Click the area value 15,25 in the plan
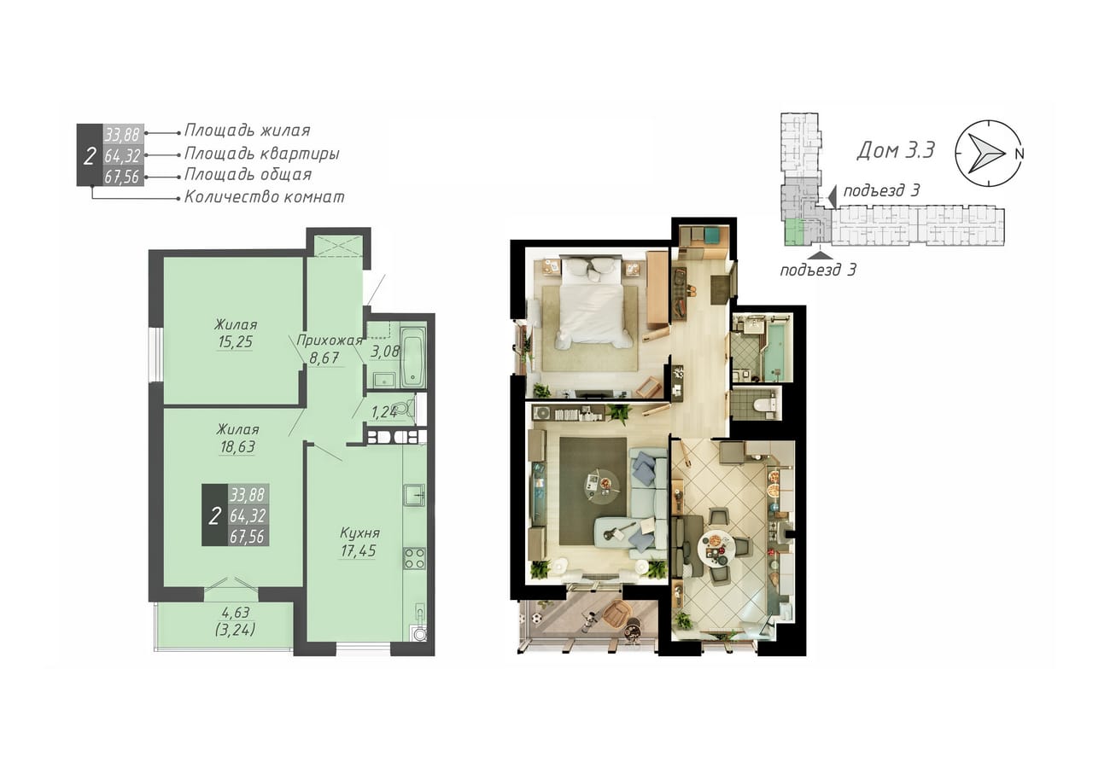(235, 341)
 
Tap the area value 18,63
(237, 446)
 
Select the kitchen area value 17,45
(358, 550)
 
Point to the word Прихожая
(330, 340)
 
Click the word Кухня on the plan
(359, 532)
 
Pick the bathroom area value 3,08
(385, 351)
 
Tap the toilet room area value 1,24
(384, 412)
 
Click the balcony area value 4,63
(236, 613)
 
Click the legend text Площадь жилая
(248, 131)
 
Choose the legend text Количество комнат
(264, 197)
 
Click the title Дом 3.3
(896, 150)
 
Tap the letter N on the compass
(1019, 154)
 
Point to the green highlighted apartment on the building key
(794, 232)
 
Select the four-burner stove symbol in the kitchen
(414, 558)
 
